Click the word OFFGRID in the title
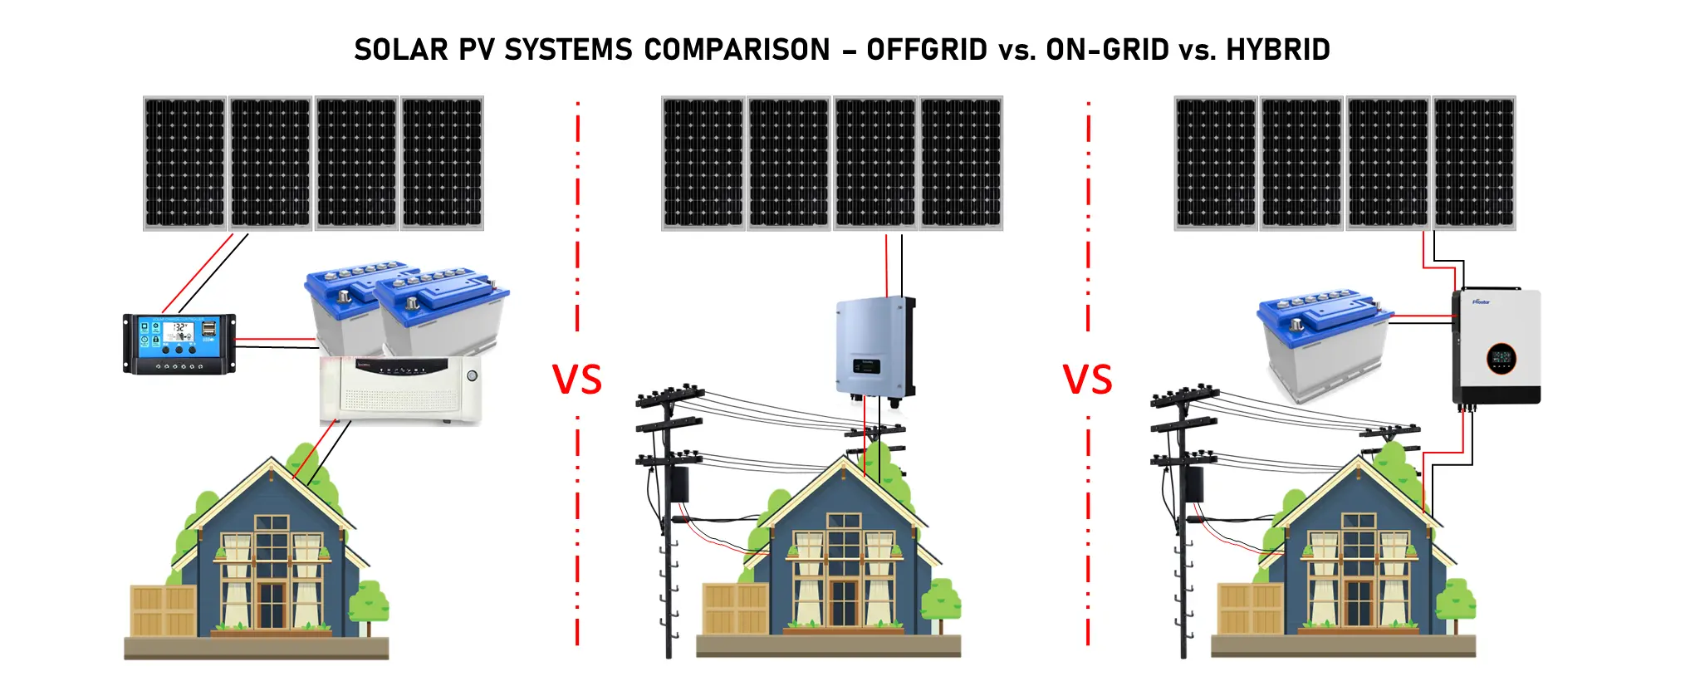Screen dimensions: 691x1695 (x=927, y=50)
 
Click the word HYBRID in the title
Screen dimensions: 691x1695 (x=1278, y=50)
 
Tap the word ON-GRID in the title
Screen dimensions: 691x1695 (x=1107, y=50)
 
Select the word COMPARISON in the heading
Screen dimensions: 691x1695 (x=737, y=50)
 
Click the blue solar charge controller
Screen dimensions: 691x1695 (x=179, y=343)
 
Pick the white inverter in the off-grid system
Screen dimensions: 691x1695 (x=401, y=390)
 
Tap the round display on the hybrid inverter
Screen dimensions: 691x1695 (x=1501, y=359)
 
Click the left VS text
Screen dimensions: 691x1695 (x=577, y=380)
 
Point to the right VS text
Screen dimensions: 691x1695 (x=1087, y=380)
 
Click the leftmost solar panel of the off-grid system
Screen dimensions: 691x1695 (x=185, y=163)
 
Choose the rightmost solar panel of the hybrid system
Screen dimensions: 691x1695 (x=1474, y=163)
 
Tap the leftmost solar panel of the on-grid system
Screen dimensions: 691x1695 (x=703, y=163)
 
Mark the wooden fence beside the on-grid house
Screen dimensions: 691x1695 (x=735, y=609)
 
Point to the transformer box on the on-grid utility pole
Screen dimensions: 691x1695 (x=679, y=484)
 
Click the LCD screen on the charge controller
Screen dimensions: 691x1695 (x=178, y=331)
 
